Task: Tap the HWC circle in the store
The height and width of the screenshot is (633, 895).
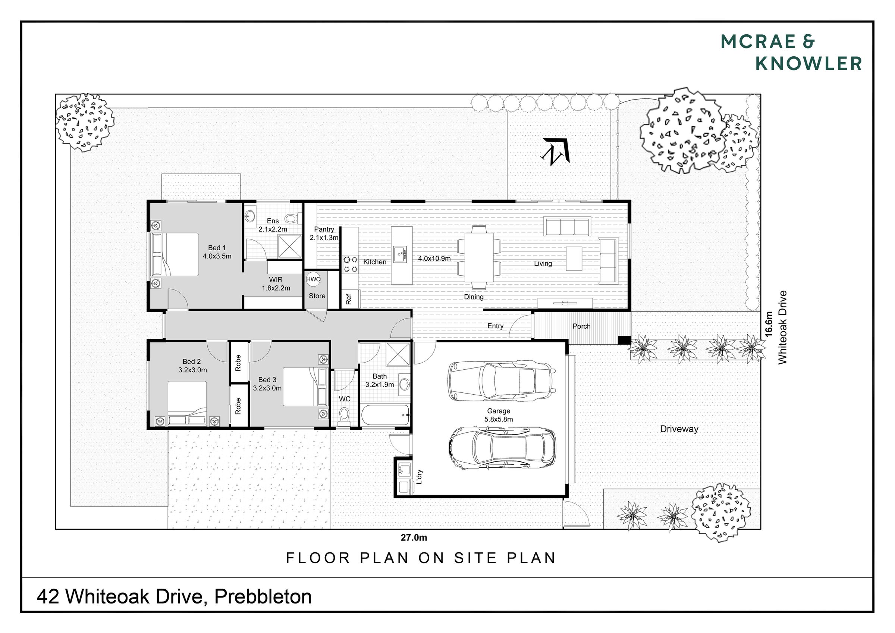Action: (313, 279)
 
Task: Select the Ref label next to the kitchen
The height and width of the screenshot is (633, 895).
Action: (348, 299)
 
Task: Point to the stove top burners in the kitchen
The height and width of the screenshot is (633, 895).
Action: (351, 264)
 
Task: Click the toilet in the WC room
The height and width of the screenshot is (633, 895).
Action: (344, 416)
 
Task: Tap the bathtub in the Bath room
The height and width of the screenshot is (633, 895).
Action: (386, 415)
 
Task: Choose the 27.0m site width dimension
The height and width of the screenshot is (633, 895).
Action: (414, 538)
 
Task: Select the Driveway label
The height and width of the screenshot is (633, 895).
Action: (679, 429)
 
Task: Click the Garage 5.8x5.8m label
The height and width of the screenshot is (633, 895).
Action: (499, 415)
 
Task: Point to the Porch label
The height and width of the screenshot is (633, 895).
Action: (581, 326)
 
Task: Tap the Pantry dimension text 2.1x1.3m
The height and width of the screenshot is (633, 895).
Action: (324, 238)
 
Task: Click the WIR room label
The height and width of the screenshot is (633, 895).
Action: (276, 280)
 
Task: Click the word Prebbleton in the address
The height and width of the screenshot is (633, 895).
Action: (263, 597)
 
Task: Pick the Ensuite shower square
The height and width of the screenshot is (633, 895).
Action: (290, 246)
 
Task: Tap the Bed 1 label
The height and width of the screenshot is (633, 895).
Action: (217, 248)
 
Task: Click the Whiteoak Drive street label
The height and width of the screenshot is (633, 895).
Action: (782, 328)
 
